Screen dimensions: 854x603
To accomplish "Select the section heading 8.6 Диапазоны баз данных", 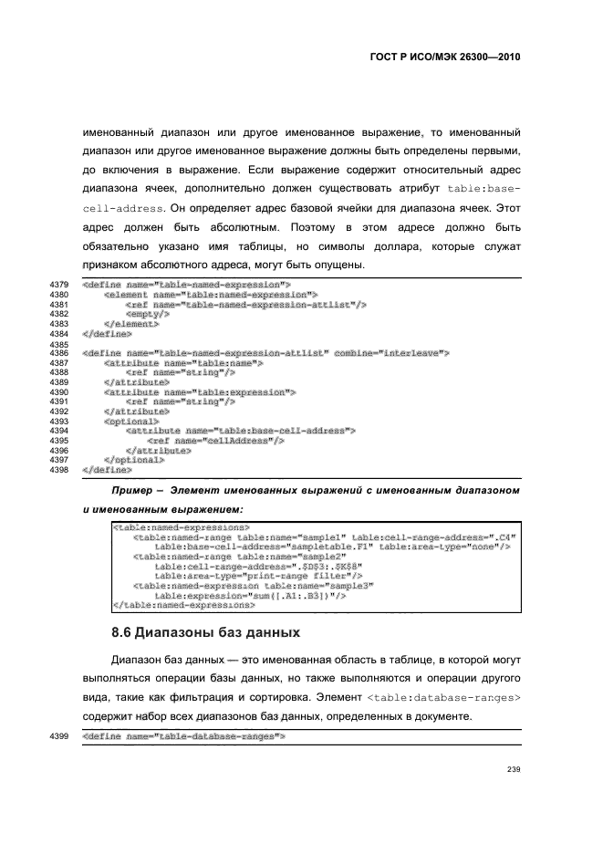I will coord(205,632).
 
